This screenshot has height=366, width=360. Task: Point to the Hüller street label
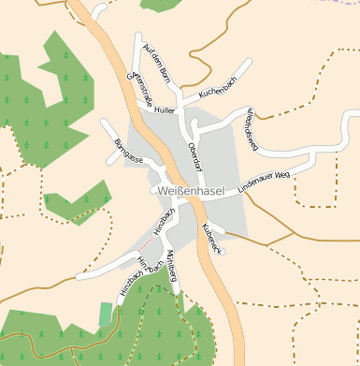(x=166, y=110)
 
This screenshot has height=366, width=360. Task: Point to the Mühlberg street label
(x=171, y=266)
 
